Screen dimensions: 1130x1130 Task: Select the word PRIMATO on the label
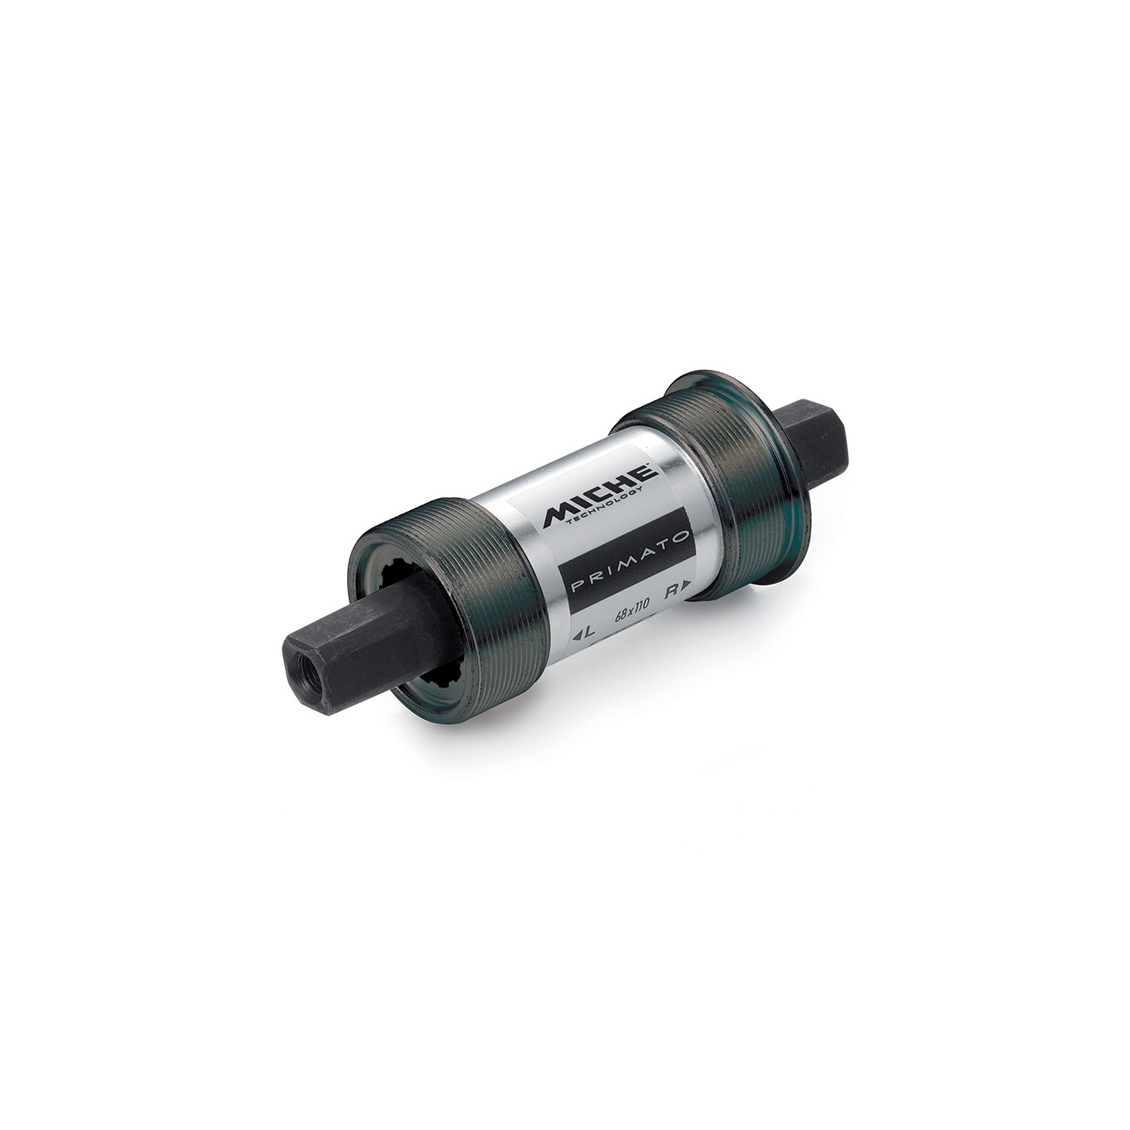point(625,563)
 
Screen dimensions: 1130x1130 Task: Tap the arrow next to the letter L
point(577,635)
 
